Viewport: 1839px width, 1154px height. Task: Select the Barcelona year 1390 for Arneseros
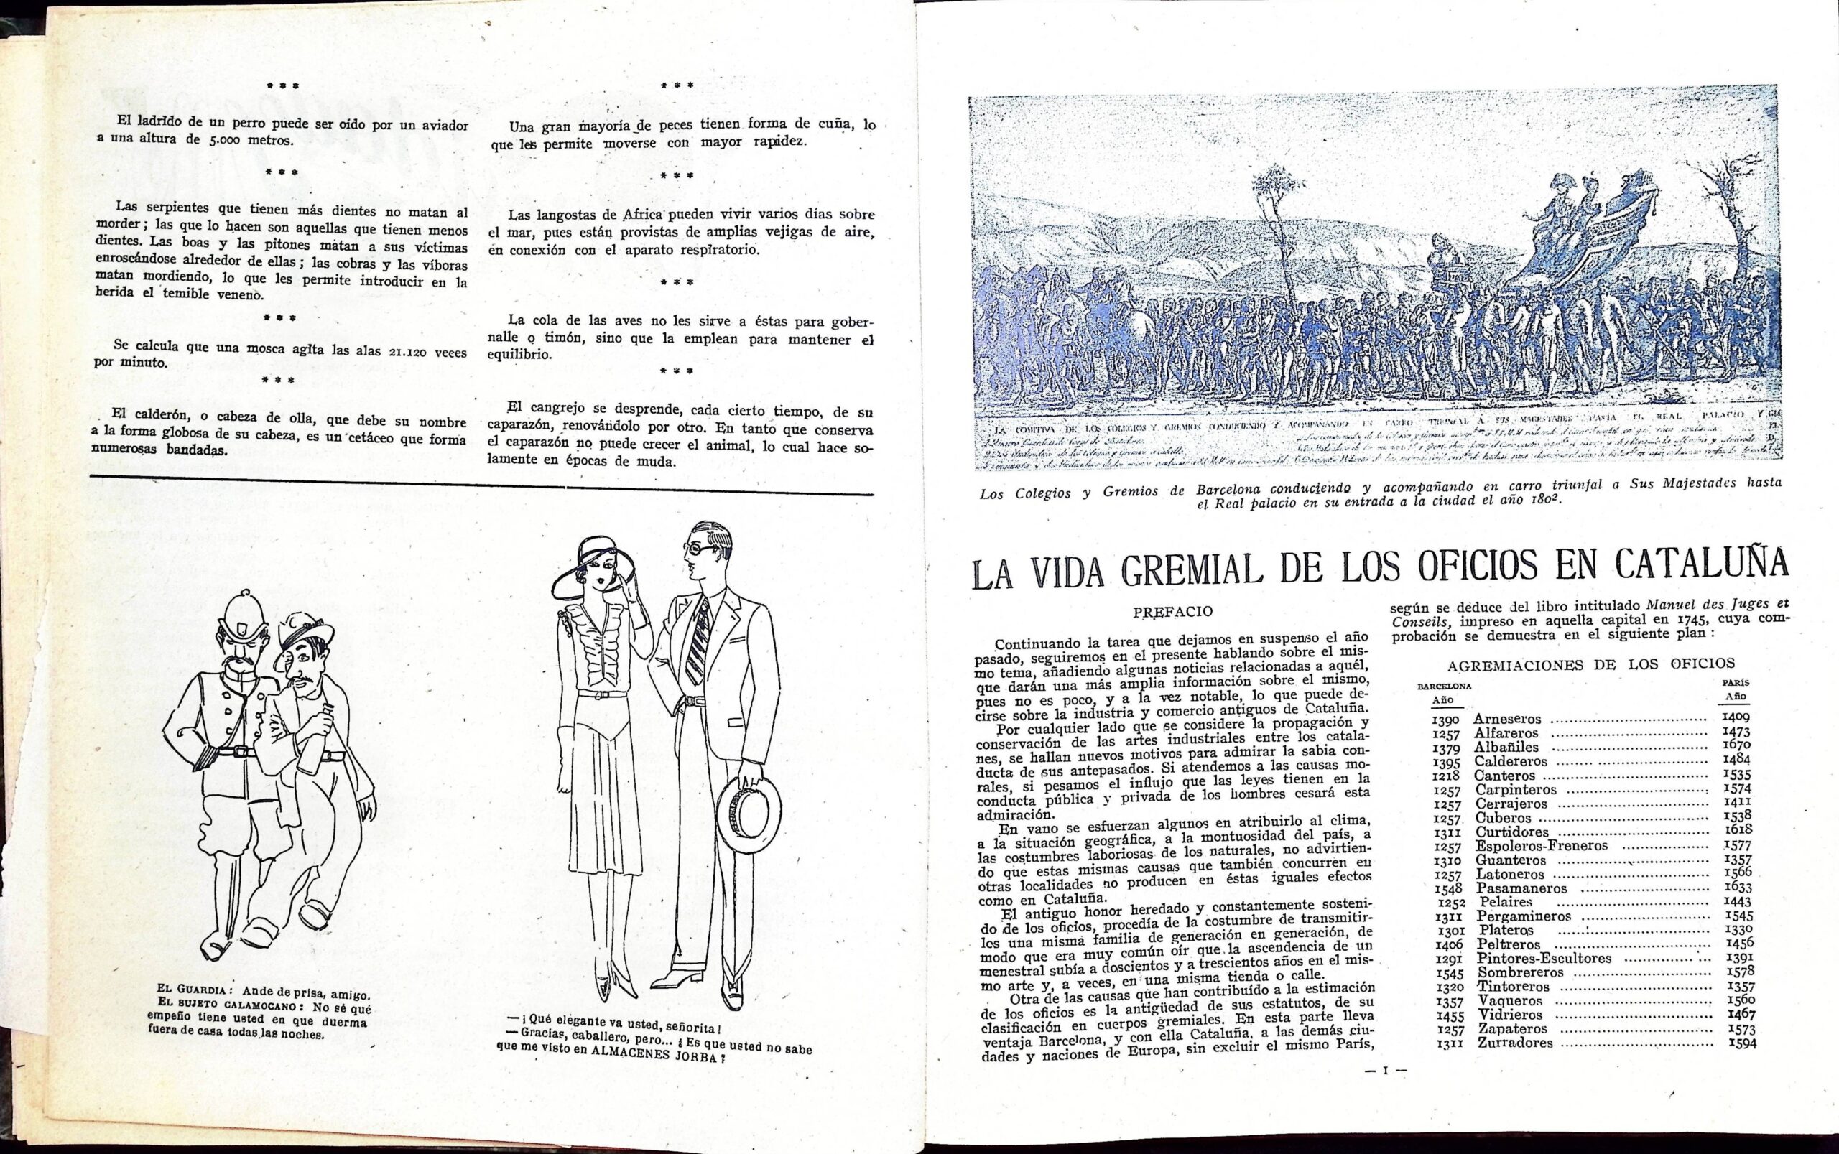pos(1445,720)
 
